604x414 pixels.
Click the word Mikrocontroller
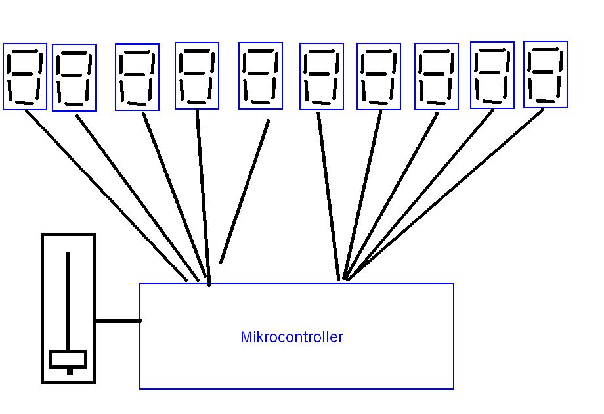tap(291, 338)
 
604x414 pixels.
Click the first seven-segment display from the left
tap(25, 76)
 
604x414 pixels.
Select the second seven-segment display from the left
tap(74, 78)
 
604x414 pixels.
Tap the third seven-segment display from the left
tap(137, 77)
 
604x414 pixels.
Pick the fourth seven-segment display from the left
tap(197, 76)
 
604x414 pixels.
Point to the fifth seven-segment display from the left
tap(261, 76)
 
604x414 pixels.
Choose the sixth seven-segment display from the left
tap(322, 76)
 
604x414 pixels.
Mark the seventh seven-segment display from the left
tap(379, 77)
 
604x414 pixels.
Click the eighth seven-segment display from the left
tap(437, 77)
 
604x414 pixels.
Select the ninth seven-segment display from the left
tap(492, 75)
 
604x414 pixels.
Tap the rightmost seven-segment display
tap(546, 74)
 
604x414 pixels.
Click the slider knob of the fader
tap(68, 359)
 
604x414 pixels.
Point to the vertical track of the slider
tap(67, 296)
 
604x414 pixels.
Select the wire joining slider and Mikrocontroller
tap(118, 321)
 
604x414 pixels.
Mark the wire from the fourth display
tap(202, 197)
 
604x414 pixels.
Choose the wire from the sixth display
tap(328, 197)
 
